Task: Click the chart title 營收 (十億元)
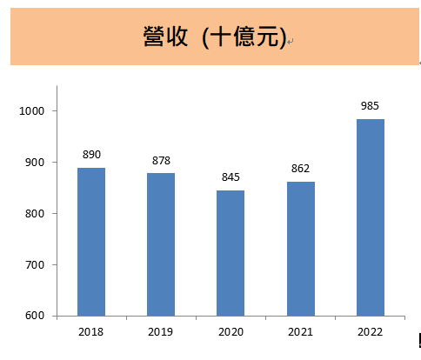click(215, 37)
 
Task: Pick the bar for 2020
click(231, 253)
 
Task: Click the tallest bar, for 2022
click(371, 217)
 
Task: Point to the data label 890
click(92, 155)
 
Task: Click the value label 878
click(161, 161)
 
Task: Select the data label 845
click(231, 177)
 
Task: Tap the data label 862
click(301, 169)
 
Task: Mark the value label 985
click(371, 106)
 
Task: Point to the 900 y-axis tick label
click(35, 163)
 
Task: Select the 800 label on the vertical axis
click(35, 214)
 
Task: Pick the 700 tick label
click(35, 265)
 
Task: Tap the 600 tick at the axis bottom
click(35, 316)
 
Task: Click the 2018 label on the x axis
click(91, 332)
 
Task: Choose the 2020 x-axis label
click(231, 332)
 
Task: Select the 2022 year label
click(371, 332)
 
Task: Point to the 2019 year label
click(161, 332)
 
